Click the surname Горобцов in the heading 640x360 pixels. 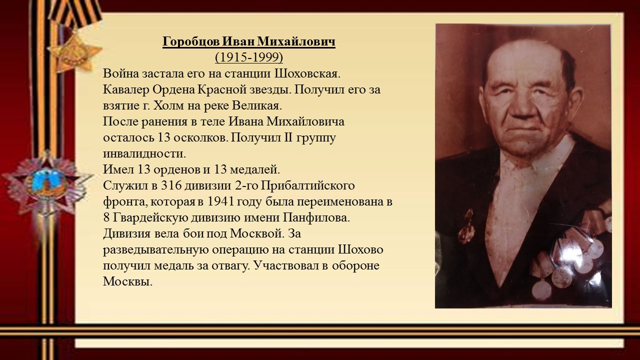pos(191,41)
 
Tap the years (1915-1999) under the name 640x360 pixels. pos(249,57)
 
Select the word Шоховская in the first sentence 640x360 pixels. pos(307,73)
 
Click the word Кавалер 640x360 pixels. pos(126,89)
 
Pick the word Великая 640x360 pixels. pos(257,105)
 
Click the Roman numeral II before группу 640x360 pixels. pos(287,137)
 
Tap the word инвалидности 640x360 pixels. pos(144,153)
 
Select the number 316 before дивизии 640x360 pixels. pos(171,185)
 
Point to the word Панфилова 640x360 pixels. pos(316,218)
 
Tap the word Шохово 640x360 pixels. pos(361,249)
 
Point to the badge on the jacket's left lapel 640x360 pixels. pos(466,226)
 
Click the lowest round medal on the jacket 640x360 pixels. pos(542,289)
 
